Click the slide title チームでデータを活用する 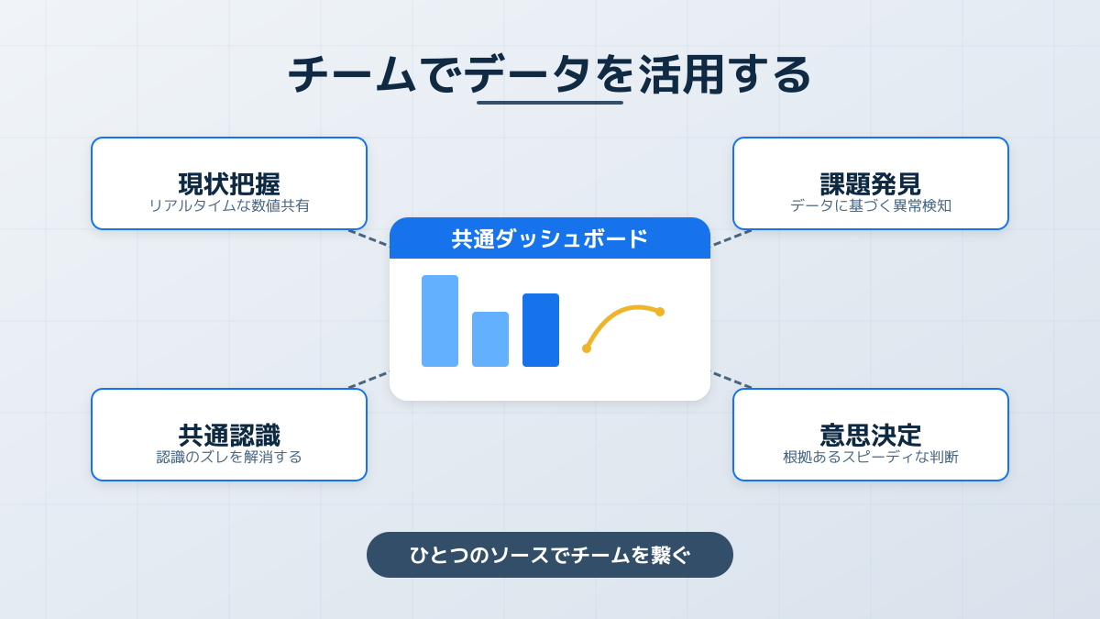pos(550,74)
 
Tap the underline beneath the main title pos(550,103)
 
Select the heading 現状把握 pos(229,183)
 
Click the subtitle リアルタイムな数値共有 pos(229,205)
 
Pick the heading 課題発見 pos(871,183)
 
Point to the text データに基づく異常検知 pos(871,205)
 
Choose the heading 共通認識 pos(229,435)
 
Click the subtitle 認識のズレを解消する pos(229,457)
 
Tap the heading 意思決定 pos(871,435)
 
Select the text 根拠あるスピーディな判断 pos(871,457)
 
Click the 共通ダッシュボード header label pos(550,238)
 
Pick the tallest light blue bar pos(440,321)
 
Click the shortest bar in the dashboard pos(490,339)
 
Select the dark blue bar pos(541,330)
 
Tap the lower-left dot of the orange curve pos(587,348)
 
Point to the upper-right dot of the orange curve pos(660,312)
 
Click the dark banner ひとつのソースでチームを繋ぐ pos(550,555)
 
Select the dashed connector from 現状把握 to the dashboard pos(368,238)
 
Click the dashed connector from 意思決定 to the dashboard pos(731,380)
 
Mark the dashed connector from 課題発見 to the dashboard pos(731,238)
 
